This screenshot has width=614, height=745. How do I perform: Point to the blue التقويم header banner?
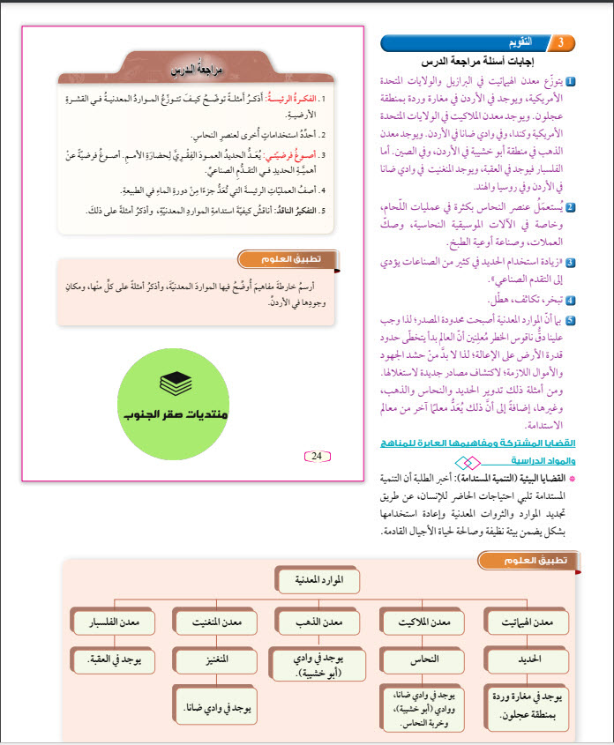494,42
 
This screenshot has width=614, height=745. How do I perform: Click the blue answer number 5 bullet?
572,321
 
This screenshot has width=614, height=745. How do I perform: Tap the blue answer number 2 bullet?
572,208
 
